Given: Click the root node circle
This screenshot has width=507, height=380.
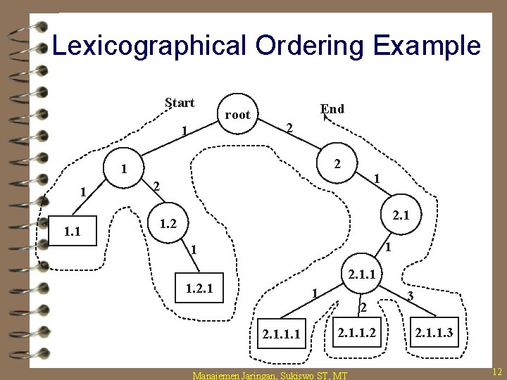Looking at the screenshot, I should point(237,114).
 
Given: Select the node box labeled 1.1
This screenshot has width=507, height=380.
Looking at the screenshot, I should point(72,229).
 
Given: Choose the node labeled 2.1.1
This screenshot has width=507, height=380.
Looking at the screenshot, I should point(362,272).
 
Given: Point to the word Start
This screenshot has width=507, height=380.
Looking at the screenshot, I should point(180,103).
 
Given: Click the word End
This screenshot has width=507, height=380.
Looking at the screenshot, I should point(332,109).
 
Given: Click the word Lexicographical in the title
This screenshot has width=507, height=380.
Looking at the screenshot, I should point(149,46).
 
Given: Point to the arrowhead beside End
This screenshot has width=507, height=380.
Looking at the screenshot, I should point(325,118).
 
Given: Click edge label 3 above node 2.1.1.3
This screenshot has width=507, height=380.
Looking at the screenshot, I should point(411,296).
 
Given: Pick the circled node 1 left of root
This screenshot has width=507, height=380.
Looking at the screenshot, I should point(123,169).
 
